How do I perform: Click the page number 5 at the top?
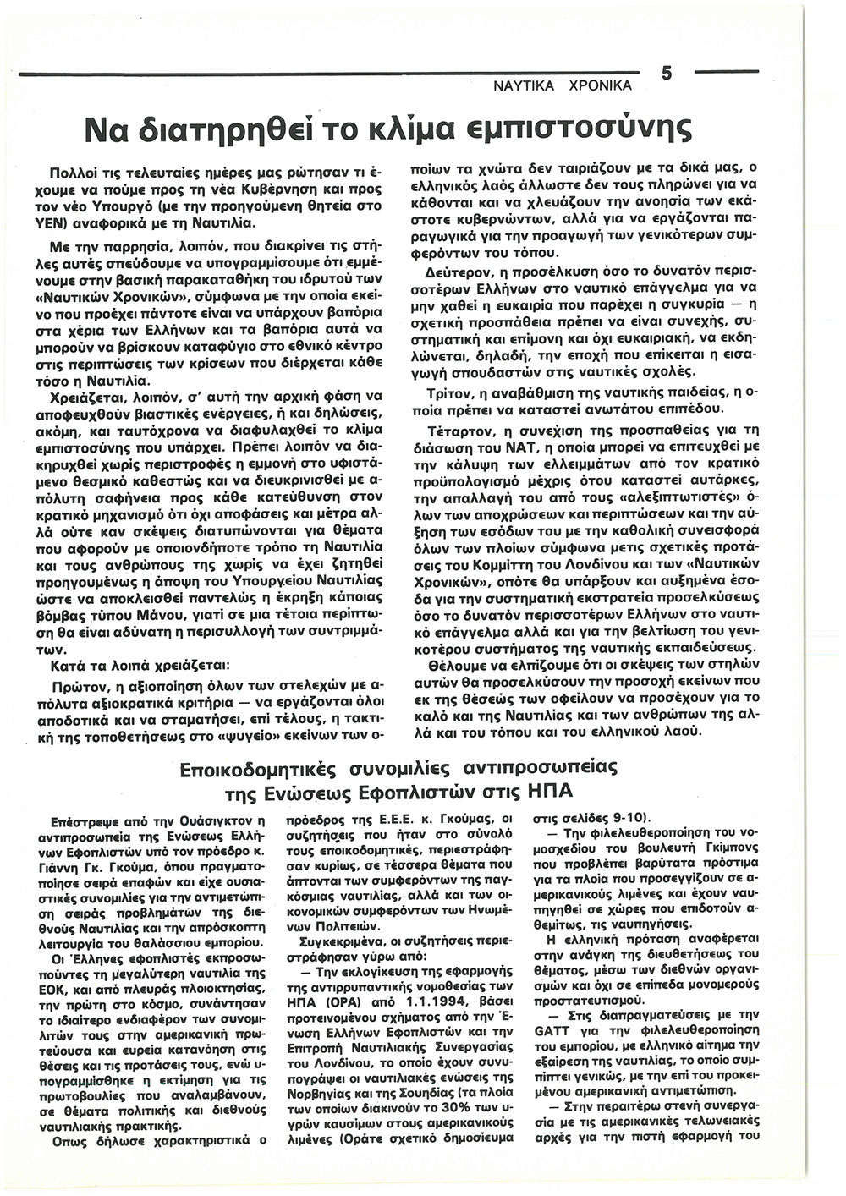click(x=667, y=74)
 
